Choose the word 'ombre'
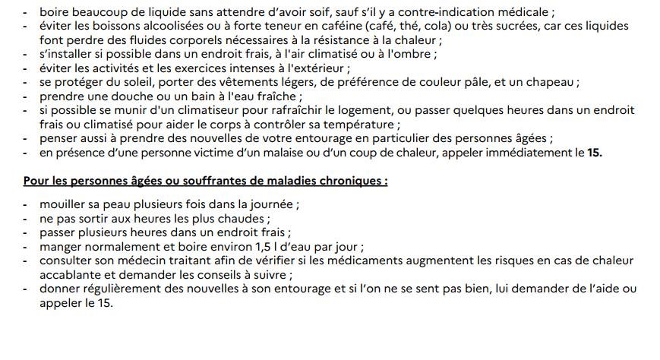(x=418, y=55)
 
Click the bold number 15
(x=595, y=153)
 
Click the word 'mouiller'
(x=62, y=204)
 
